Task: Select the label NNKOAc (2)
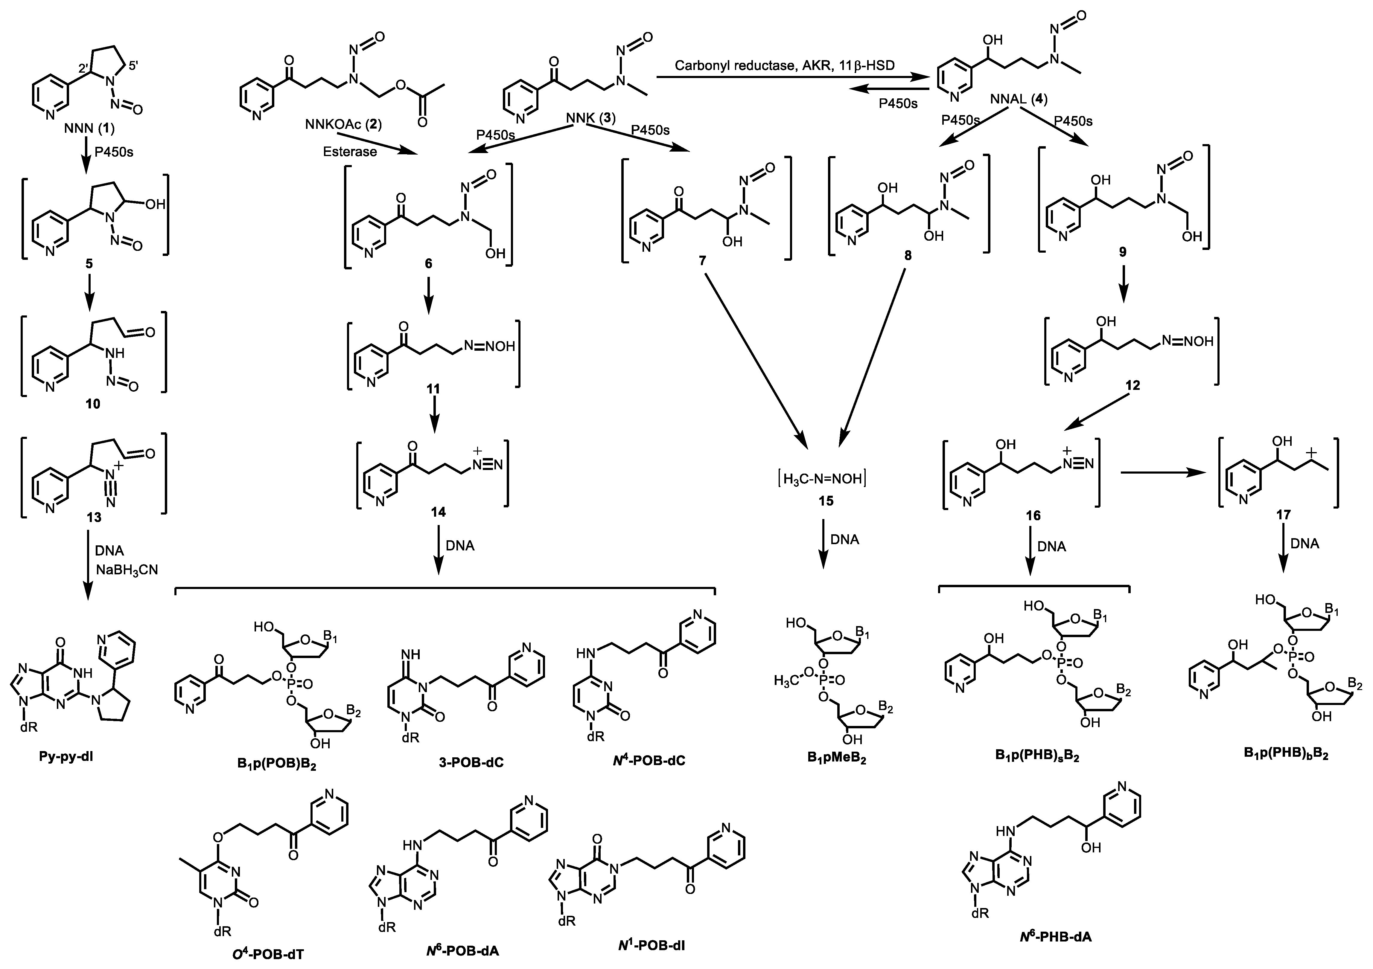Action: [x=344, y=124]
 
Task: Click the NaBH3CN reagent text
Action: [x=127, y=570]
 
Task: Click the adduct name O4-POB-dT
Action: [x=268, y=953]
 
